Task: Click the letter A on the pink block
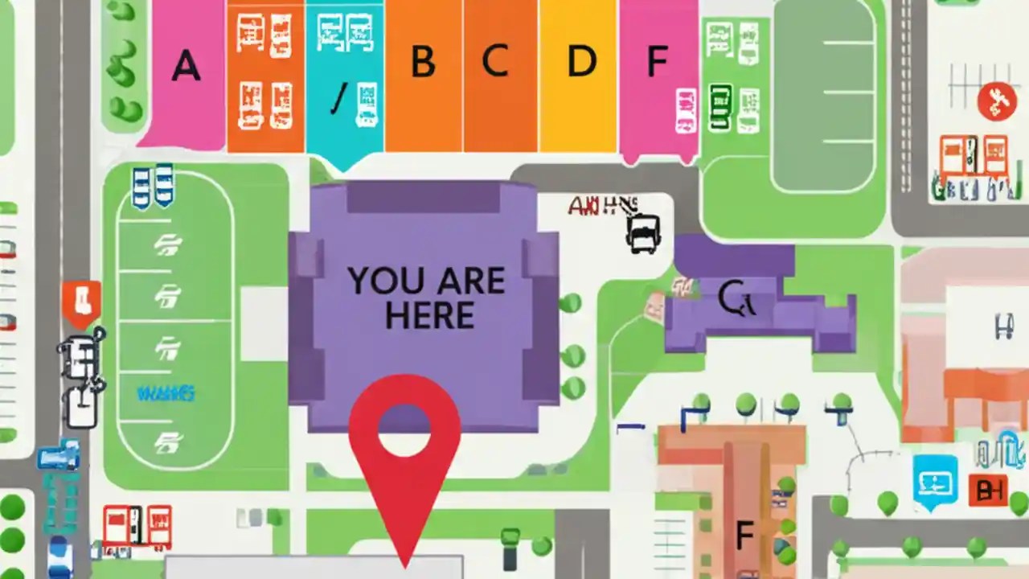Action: [186, 65]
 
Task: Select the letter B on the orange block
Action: [423, 61]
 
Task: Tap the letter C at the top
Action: [495, 60]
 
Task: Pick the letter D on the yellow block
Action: [582, 61]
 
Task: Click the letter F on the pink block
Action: [658, 60]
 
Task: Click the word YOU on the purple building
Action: [381, 281]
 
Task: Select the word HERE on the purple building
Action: [428, 316]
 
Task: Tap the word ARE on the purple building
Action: [470, 281]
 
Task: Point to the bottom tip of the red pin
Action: [405, 563]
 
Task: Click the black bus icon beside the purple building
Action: [642, 234]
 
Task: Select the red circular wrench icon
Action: [997, 102]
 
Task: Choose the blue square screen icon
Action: [936, 481]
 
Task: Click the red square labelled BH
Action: [988, 490]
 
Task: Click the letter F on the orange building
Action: [744, 533]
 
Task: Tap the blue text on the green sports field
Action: [166, 394]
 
